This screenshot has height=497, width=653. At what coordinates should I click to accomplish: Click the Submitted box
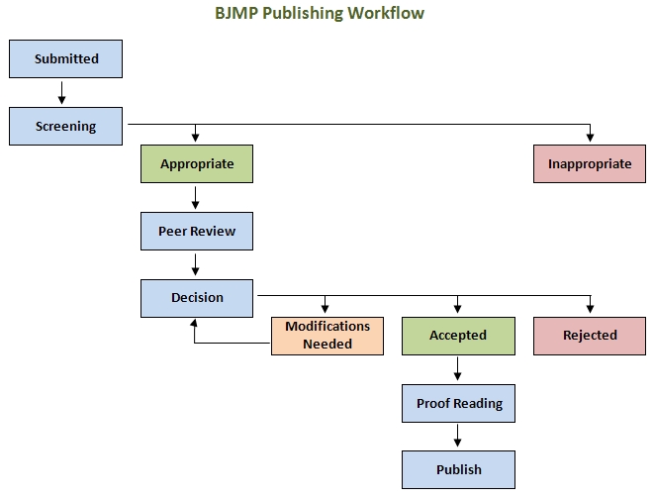point(66,58)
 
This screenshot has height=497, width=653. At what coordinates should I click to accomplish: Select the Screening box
point(66,126)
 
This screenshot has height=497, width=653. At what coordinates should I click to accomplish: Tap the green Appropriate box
point(197,163)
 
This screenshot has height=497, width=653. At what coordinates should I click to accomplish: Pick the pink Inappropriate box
point(590,163)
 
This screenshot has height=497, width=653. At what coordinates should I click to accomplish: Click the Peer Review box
point(197,232)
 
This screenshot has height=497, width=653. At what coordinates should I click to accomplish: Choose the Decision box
point(197,298)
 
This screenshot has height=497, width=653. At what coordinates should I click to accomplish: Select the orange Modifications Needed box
point(327,337)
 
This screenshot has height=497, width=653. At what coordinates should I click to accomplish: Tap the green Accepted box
point(458,337)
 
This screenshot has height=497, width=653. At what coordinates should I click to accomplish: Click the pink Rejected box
point(590,337)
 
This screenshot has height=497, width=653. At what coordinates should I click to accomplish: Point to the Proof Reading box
point(458,403)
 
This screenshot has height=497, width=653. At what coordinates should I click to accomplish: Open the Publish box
point(458,469)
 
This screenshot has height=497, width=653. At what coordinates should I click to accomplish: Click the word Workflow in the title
point(386,13)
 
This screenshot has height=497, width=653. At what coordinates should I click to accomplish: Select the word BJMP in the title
point(237,13)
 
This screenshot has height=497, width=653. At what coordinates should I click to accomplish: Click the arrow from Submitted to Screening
point(61,92)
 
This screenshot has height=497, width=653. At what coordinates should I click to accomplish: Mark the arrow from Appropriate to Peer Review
point(195,197)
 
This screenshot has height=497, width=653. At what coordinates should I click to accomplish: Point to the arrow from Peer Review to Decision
point(195,264)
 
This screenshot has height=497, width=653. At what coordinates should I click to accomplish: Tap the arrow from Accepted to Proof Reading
point(458,368)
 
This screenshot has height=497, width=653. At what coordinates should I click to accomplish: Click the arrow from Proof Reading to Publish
point(458,436)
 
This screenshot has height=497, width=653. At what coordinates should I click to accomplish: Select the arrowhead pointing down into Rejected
point(590,309)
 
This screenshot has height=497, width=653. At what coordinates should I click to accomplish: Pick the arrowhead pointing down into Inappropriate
point(590,137)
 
